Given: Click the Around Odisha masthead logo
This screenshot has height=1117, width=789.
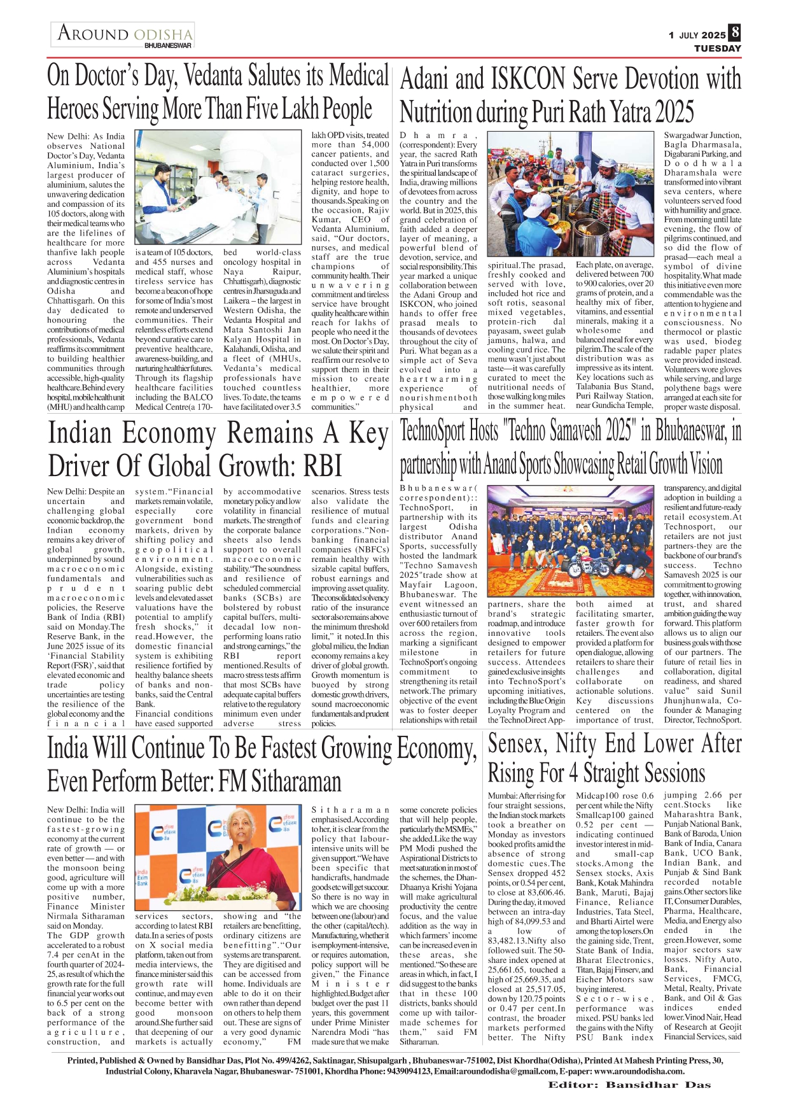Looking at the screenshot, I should tap(125, 33).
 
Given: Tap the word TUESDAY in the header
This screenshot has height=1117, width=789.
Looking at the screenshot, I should tap(717, 48).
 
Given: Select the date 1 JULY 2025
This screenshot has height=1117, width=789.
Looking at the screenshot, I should tap(697, 36).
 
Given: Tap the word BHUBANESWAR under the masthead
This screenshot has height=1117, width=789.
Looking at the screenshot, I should tap(168, 46).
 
